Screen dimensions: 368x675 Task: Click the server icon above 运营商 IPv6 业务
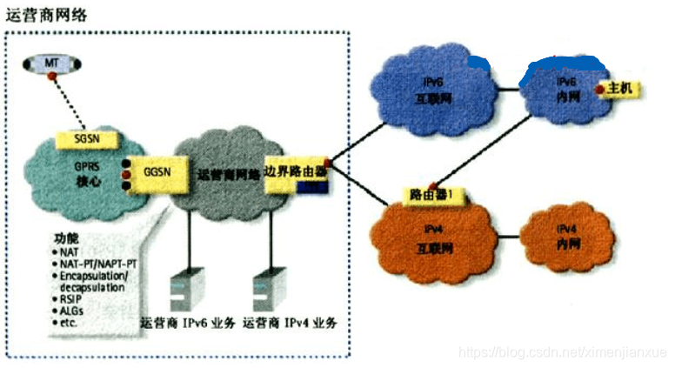coord(180,293)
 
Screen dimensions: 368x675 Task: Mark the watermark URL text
coord(562,351)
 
